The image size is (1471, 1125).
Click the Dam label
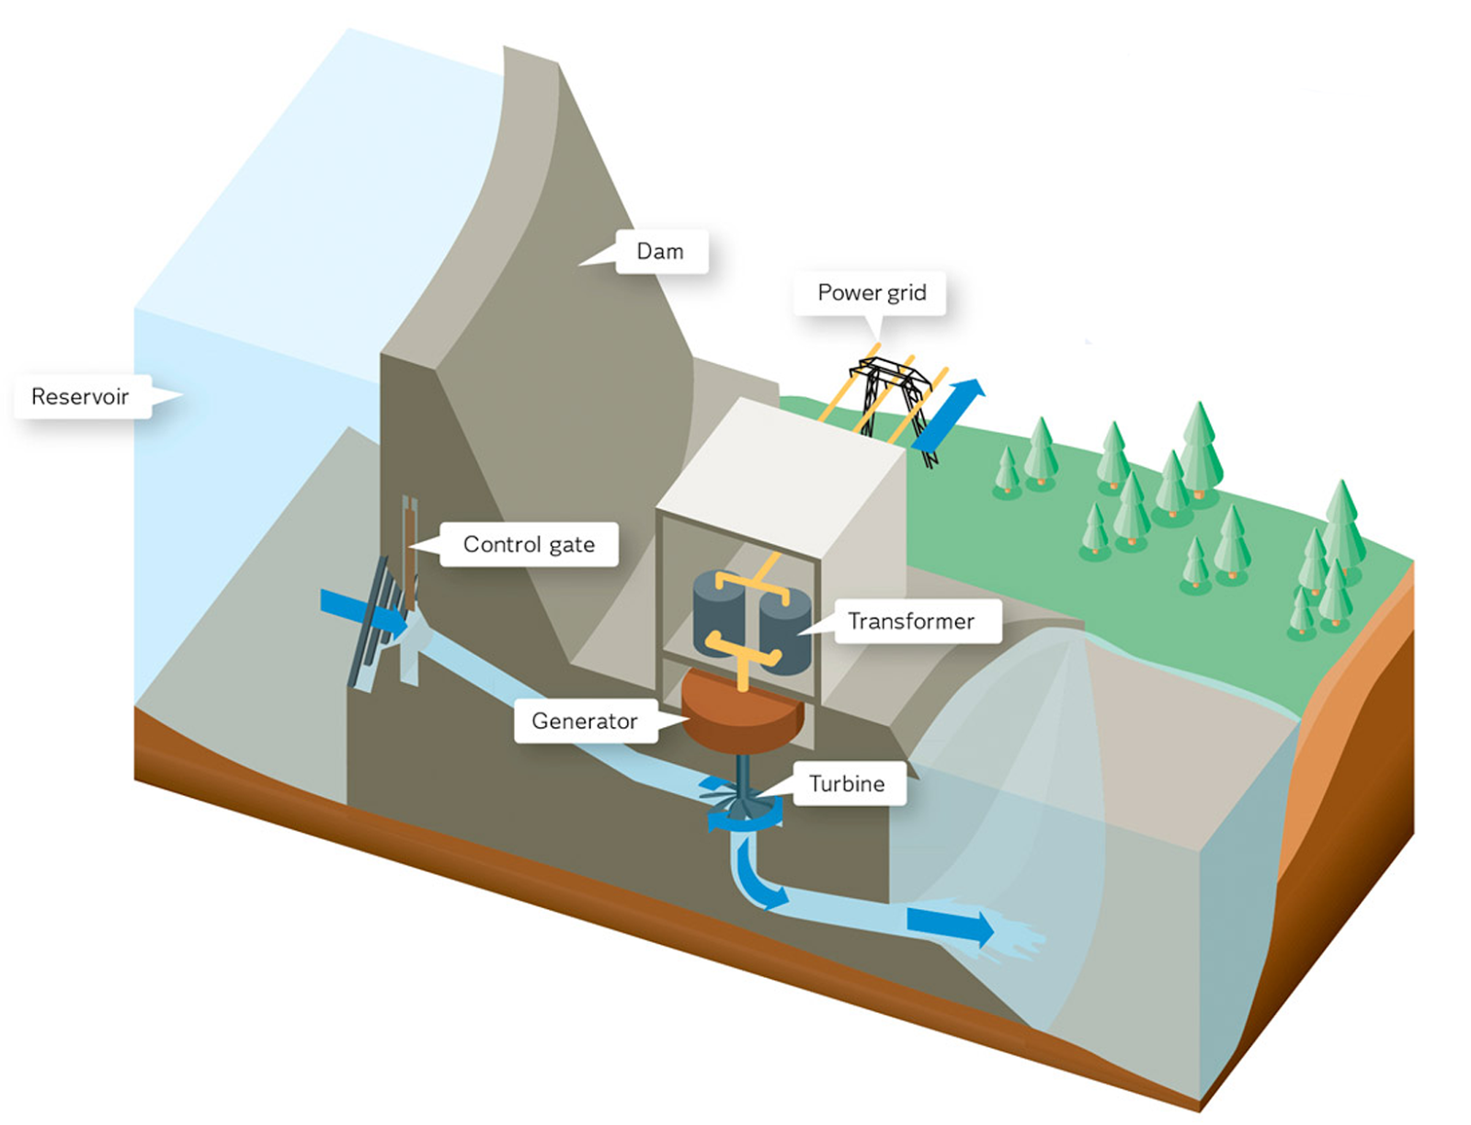point(660,251)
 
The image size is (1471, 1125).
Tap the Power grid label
point(871,292)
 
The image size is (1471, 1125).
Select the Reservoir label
point(81,396)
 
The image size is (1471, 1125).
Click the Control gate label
point(529,544)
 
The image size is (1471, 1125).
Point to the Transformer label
point(910,621)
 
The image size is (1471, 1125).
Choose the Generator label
point(585,721)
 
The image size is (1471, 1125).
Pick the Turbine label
point(847,783)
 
